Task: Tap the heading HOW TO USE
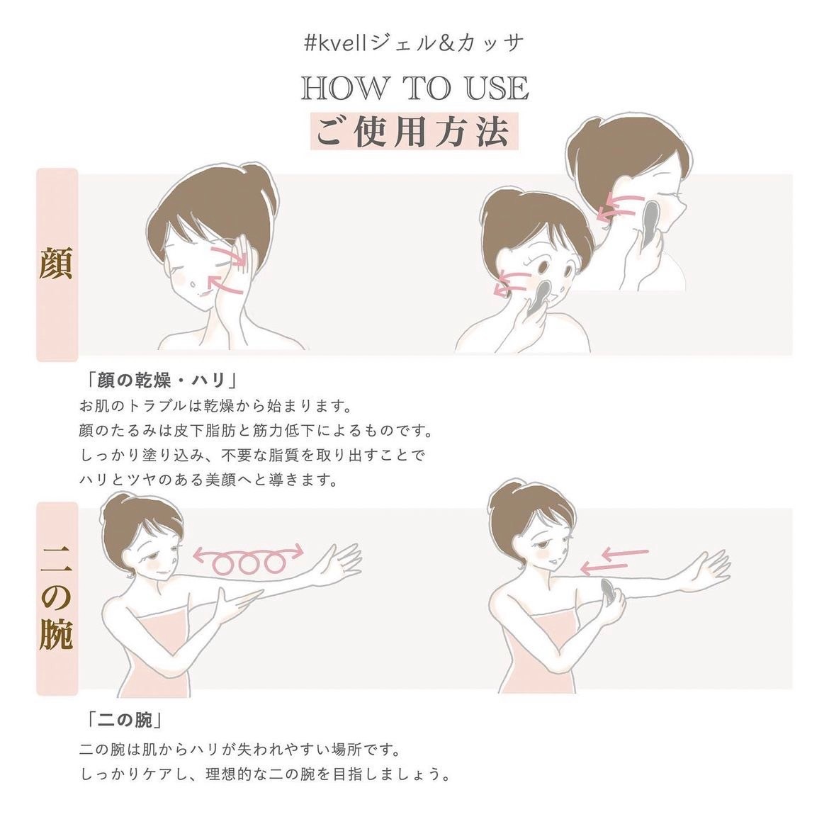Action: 415,89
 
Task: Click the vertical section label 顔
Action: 56,263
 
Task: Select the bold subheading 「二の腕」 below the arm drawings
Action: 126,720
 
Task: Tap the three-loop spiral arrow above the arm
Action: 249,560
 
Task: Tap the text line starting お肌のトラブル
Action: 215,407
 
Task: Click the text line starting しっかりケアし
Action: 266,774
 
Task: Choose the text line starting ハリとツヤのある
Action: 208,480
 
